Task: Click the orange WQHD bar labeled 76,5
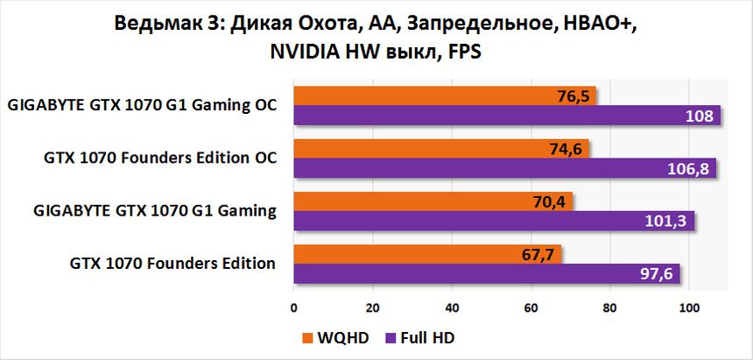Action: (445, 95)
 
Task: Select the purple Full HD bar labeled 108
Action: (507, 116)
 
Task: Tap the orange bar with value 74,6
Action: (441, 148)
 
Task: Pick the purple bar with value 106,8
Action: (504, 167)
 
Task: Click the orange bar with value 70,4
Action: (433, 201)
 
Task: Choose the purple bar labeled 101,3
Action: (494, 221)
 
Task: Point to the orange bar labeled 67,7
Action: (427, 253)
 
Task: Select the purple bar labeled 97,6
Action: (487, 273)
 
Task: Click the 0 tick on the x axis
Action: (294, 307)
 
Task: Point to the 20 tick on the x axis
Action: (373, 307)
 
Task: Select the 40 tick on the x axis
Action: (452, 307)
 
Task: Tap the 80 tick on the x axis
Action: (610, 307)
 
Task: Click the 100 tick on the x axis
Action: (689, 307)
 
